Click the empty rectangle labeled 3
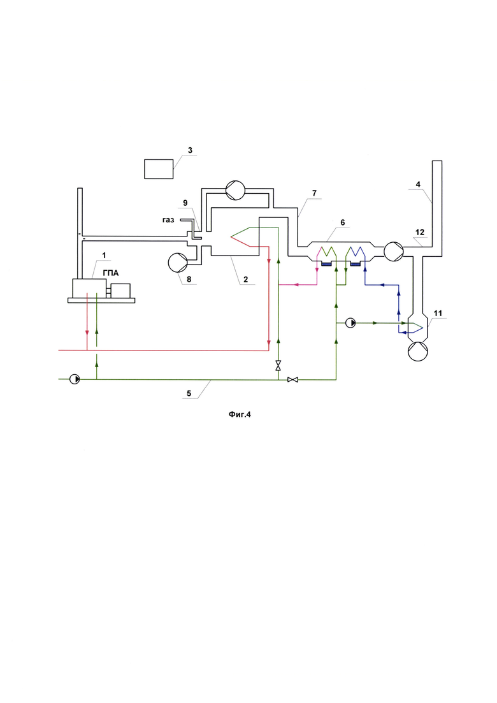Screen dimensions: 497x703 pyautogui.click(x=159, y=168)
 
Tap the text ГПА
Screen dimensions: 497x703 pyautogui.click(x=111, y=273)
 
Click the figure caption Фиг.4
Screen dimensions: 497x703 pyautogui.click(x=240, y=415)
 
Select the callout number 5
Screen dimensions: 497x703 pyautogui.click(x=189, y=393)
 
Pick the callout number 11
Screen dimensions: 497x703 pyautogui.click(x=438, y=313)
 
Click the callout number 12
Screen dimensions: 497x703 pyautogui.click(x=419, y=233)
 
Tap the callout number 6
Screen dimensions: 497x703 pyautogui.click(x=342, y=222)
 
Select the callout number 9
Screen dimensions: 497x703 pyautogui.click(x=185, y=203)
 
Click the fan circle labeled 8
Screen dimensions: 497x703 pyautogui.click(x=178, y=263)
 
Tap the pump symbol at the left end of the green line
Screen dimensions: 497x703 pyautogui.click(x=75, y=379)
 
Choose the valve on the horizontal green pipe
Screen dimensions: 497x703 pyautogui.click(x=293, y=380)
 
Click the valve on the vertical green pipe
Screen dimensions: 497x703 pyautogui.click(x=278, y=365)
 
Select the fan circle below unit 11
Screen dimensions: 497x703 pyautogui.click(x=418, y=351)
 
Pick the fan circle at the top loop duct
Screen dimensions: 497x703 pyautogui.click(x=235, y=191)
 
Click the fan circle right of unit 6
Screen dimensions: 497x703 pyautogui.click(x=394, y=250)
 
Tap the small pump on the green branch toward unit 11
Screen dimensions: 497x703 pyautogui.click(x=350, y=323)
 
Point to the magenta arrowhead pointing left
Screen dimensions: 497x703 pyautogui.click(x=296, y=285)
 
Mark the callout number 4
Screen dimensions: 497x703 pyautogui.click(x=418, y=184)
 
